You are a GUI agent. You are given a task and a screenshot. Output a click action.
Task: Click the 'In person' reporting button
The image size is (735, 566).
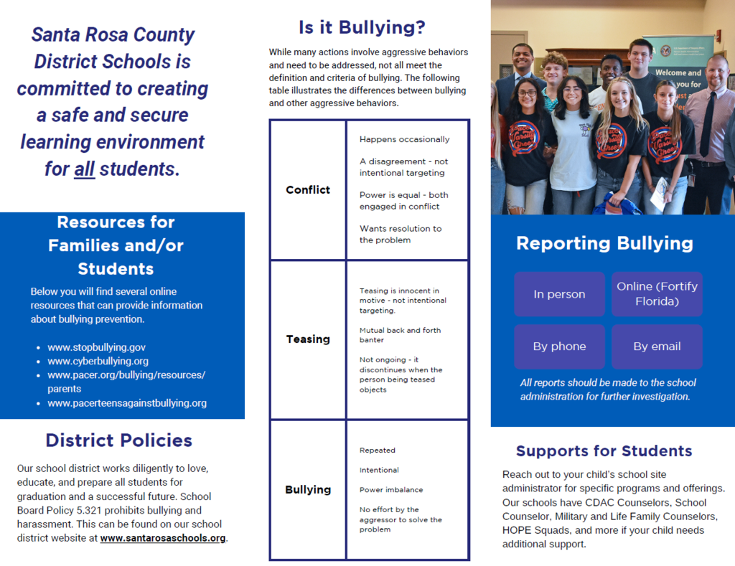(x=559, y=294)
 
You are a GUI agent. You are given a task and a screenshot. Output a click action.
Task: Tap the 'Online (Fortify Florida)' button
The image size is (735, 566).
(x=657, y=294)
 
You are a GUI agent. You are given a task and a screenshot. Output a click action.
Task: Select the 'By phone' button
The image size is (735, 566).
(x=559, y=346)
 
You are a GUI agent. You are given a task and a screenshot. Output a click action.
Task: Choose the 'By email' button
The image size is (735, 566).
(x=657, y=346)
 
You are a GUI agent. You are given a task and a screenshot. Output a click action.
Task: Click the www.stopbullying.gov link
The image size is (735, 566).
(x=96, y=347)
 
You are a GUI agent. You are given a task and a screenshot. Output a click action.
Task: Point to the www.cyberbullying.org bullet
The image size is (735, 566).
(x=98, y=361)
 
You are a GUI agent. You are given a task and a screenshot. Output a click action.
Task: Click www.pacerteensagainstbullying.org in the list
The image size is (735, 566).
(x=127, y=403)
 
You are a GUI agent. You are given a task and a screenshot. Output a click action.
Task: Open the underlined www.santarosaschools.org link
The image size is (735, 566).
(x=163, y=538)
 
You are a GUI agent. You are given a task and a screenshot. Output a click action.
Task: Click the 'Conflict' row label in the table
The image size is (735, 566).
(x=308, y=190)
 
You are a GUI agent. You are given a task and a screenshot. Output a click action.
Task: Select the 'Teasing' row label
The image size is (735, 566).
(x=308, y=339)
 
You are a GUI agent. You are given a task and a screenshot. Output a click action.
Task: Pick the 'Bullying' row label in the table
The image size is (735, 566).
(x=308, y=490)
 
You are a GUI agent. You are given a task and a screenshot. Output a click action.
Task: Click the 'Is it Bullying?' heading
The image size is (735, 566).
(x=362, y=28)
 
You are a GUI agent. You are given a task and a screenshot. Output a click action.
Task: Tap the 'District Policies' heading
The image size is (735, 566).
(x=119, y=440)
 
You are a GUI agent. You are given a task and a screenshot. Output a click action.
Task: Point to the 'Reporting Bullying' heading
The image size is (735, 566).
(x=604, y=243)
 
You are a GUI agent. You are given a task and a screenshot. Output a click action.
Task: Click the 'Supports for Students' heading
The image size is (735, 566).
(x=604, y=451)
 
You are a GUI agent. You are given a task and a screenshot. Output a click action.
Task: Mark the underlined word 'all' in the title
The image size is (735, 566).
(x=85, y=169)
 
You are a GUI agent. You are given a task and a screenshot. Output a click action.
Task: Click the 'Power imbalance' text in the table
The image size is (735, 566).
(x=391, y=490)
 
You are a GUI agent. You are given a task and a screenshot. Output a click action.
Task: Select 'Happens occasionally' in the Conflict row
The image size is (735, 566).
(x=404, y=139)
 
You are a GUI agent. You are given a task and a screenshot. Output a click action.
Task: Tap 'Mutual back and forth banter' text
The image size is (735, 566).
(x=400, y=335)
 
